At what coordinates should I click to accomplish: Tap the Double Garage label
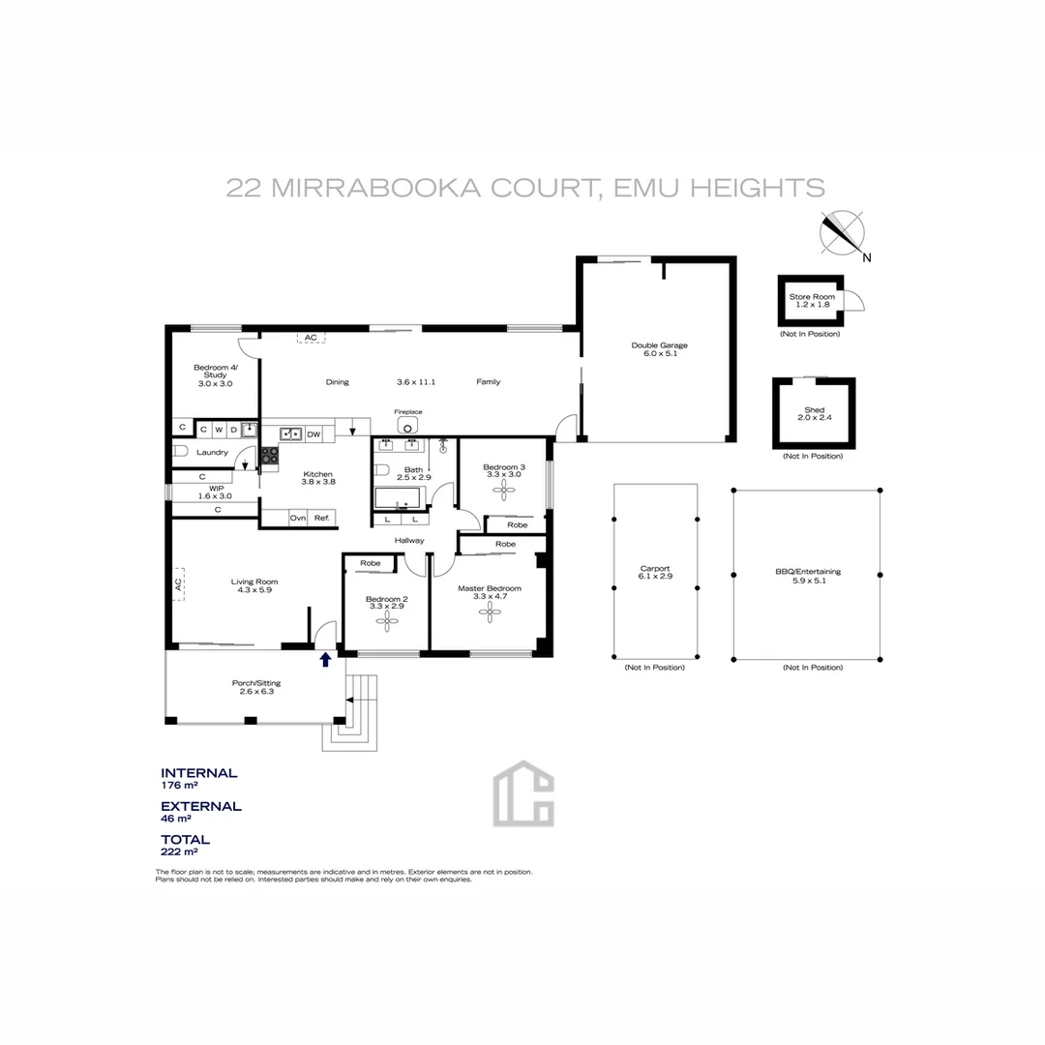(x=659, y=345)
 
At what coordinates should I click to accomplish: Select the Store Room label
(x=811, y=296)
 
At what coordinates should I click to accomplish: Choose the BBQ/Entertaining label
(x=808, y=571)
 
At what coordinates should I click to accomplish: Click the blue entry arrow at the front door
(x=325, y=660)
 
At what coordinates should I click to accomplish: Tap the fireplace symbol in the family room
(x=408, y=427)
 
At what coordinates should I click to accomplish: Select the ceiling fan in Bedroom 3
(x=503, y=491)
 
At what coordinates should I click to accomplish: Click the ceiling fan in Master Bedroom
(x=491, y=611)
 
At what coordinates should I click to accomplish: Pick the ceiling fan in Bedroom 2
(x=387, y=618)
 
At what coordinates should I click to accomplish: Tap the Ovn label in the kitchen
(x=298, y=518)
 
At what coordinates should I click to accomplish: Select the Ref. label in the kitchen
(x=322, y=518)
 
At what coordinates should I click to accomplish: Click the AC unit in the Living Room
(x=179, y=583)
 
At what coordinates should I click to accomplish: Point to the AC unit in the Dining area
(x=311, y=338)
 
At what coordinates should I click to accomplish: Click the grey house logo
(x=522, y=793)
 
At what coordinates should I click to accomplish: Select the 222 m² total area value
(x=179, y=852)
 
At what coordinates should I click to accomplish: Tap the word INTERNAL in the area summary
(x=198, y=773)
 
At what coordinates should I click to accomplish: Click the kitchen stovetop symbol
(x=269, y=455)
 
